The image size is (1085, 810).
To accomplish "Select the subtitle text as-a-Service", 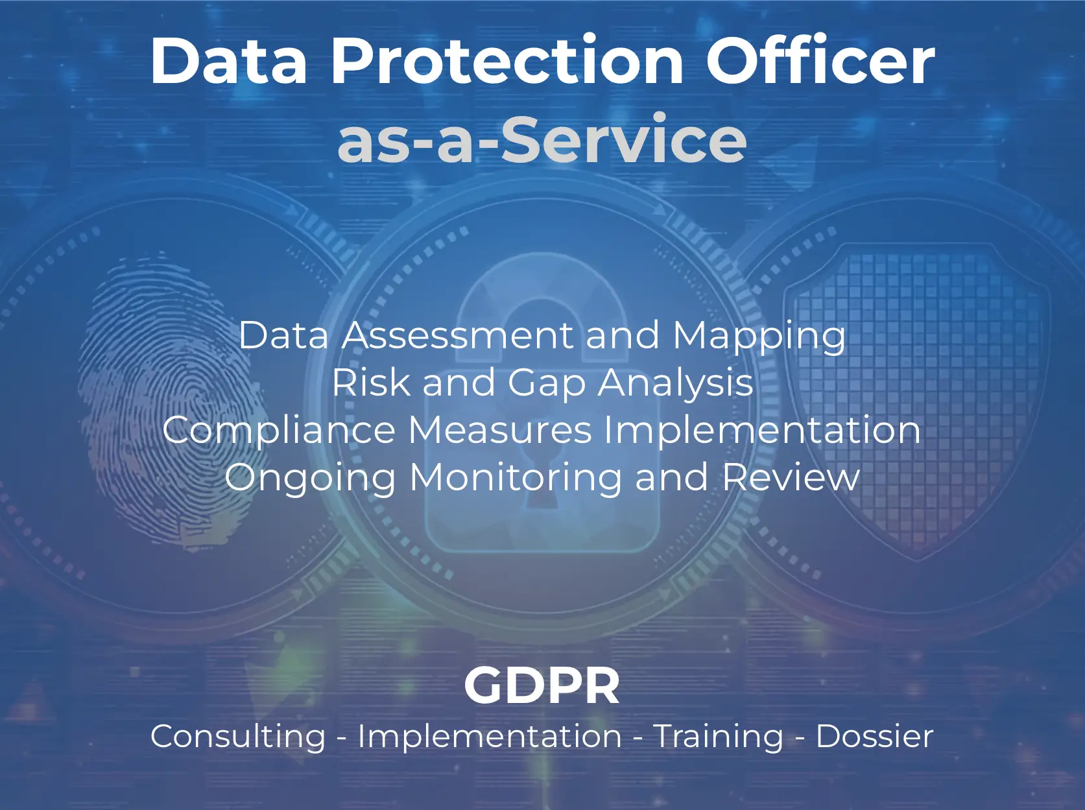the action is (542, 139).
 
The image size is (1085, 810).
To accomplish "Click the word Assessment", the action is (458, 335).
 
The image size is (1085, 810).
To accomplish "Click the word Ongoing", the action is (311, 479).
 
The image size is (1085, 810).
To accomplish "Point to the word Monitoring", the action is (516, 479).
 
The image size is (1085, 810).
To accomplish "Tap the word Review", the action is (791, 477).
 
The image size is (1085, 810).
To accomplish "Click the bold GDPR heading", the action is (542, 685).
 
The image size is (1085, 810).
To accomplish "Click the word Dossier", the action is (874, 736).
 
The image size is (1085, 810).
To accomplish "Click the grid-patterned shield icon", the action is (917, 400).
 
